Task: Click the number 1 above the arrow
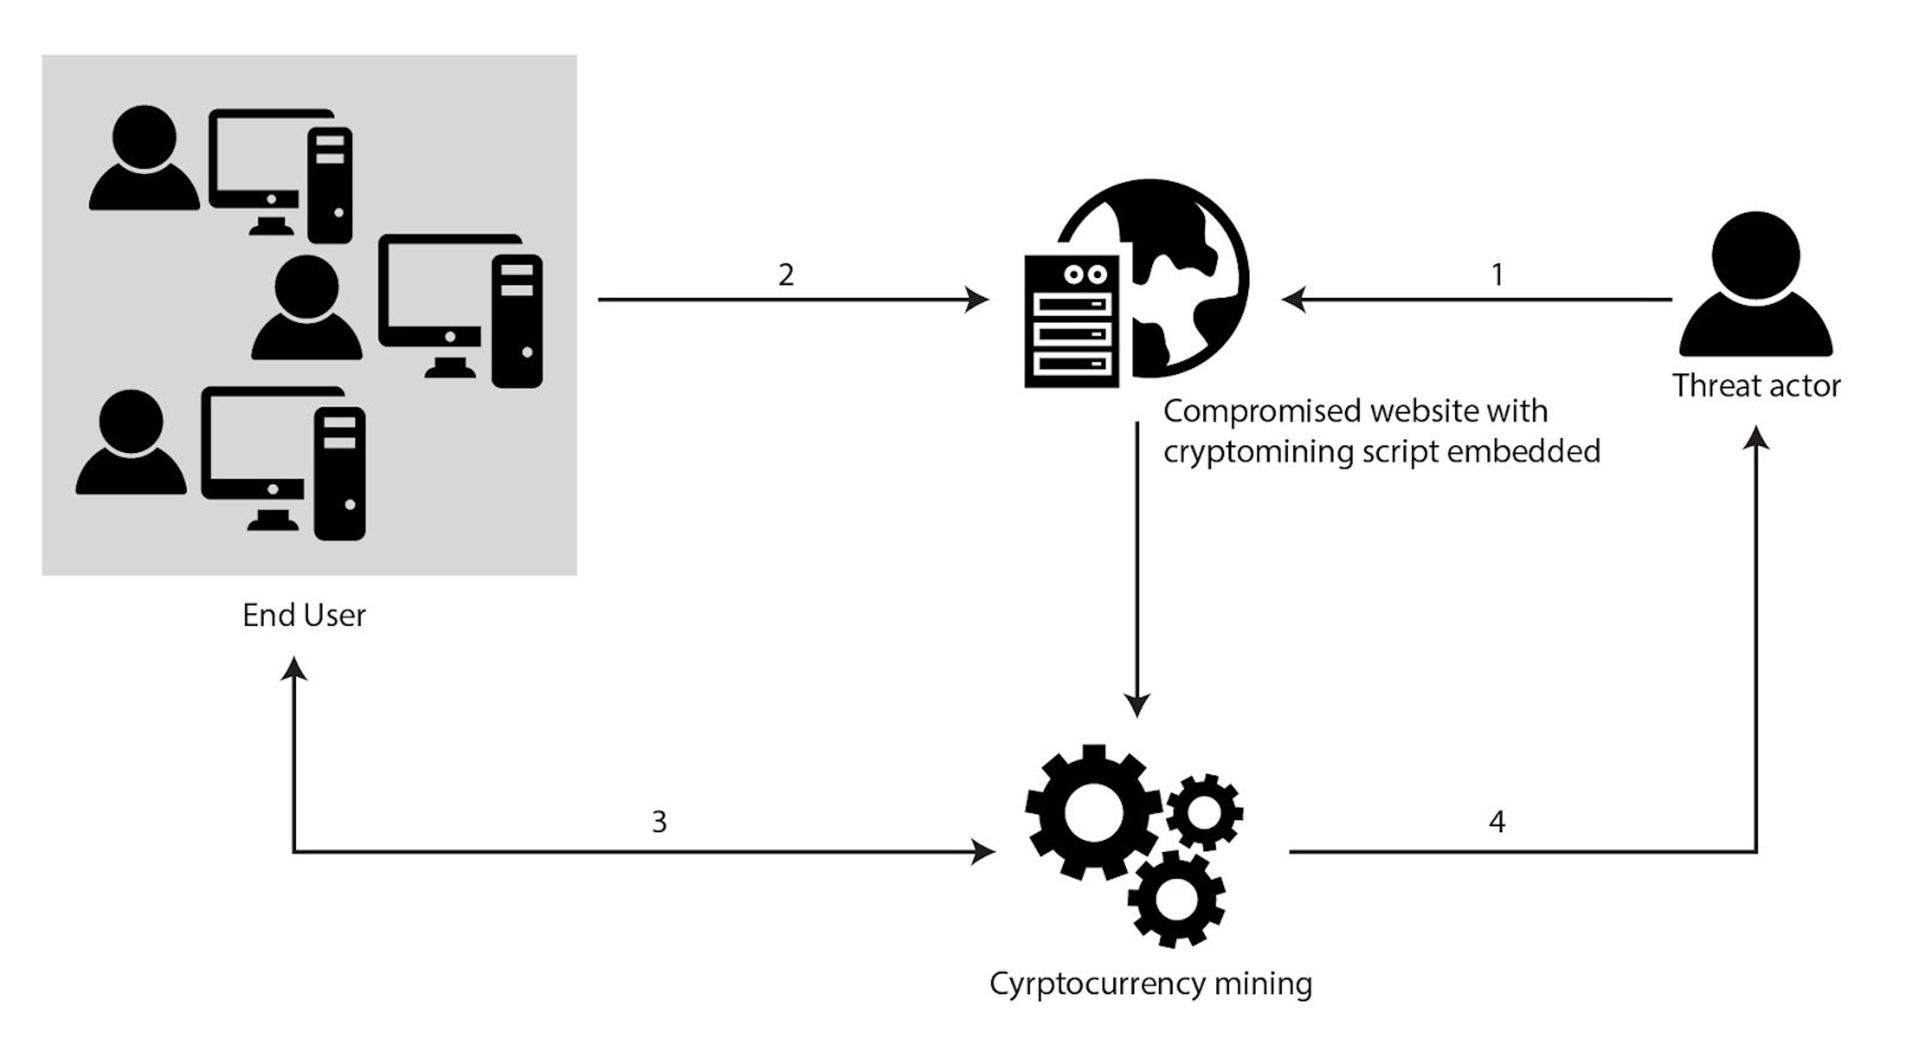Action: pos(1497,275)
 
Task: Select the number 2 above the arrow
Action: pos(786,275)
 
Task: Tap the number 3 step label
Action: pos(659,822)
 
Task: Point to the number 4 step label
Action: pos(1497,822)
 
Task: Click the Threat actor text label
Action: pos(1757,386)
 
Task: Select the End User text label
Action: pos(304,615)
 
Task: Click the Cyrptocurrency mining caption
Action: pos(1151,984)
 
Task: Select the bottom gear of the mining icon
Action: pos(1176,899)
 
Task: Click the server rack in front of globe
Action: pos(1072,321)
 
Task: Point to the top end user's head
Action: pos(144,137)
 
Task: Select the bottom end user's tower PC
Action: pos(340,473)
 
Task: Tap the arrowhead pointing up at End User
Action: pos(294,668)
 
